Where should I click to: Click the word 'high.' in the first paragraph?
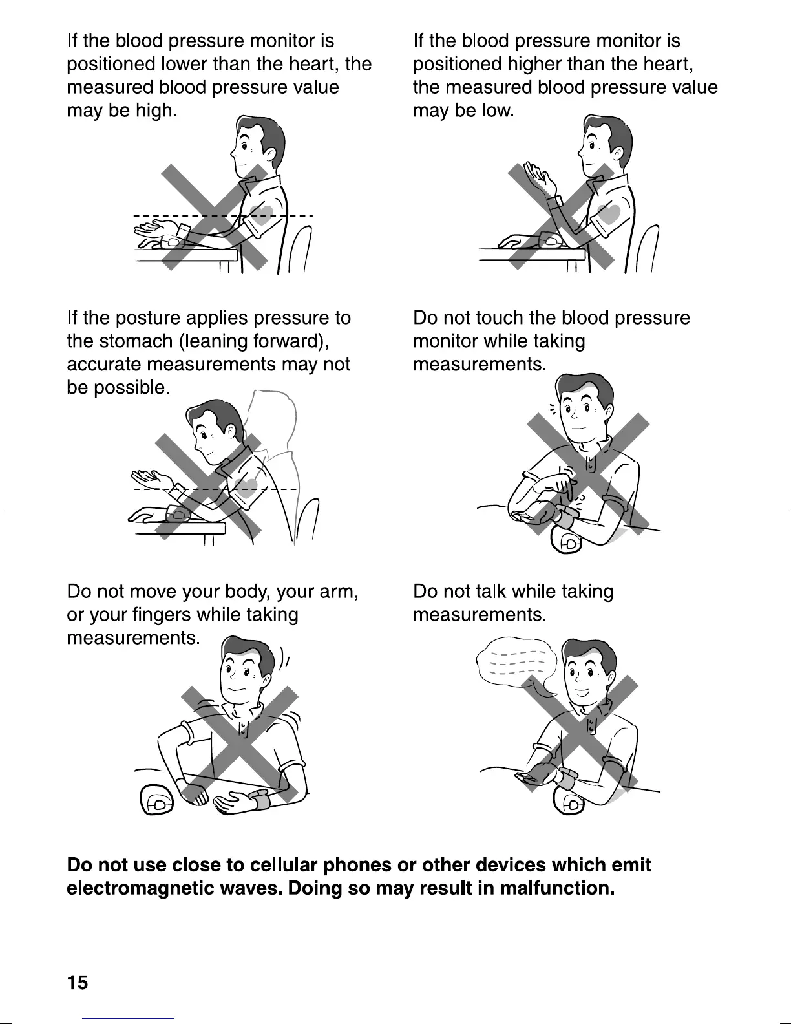[155, 111]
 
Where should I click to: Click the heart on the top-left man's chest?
[261, 215]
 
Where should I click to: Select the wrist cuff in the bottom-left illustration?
[263, 800]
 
